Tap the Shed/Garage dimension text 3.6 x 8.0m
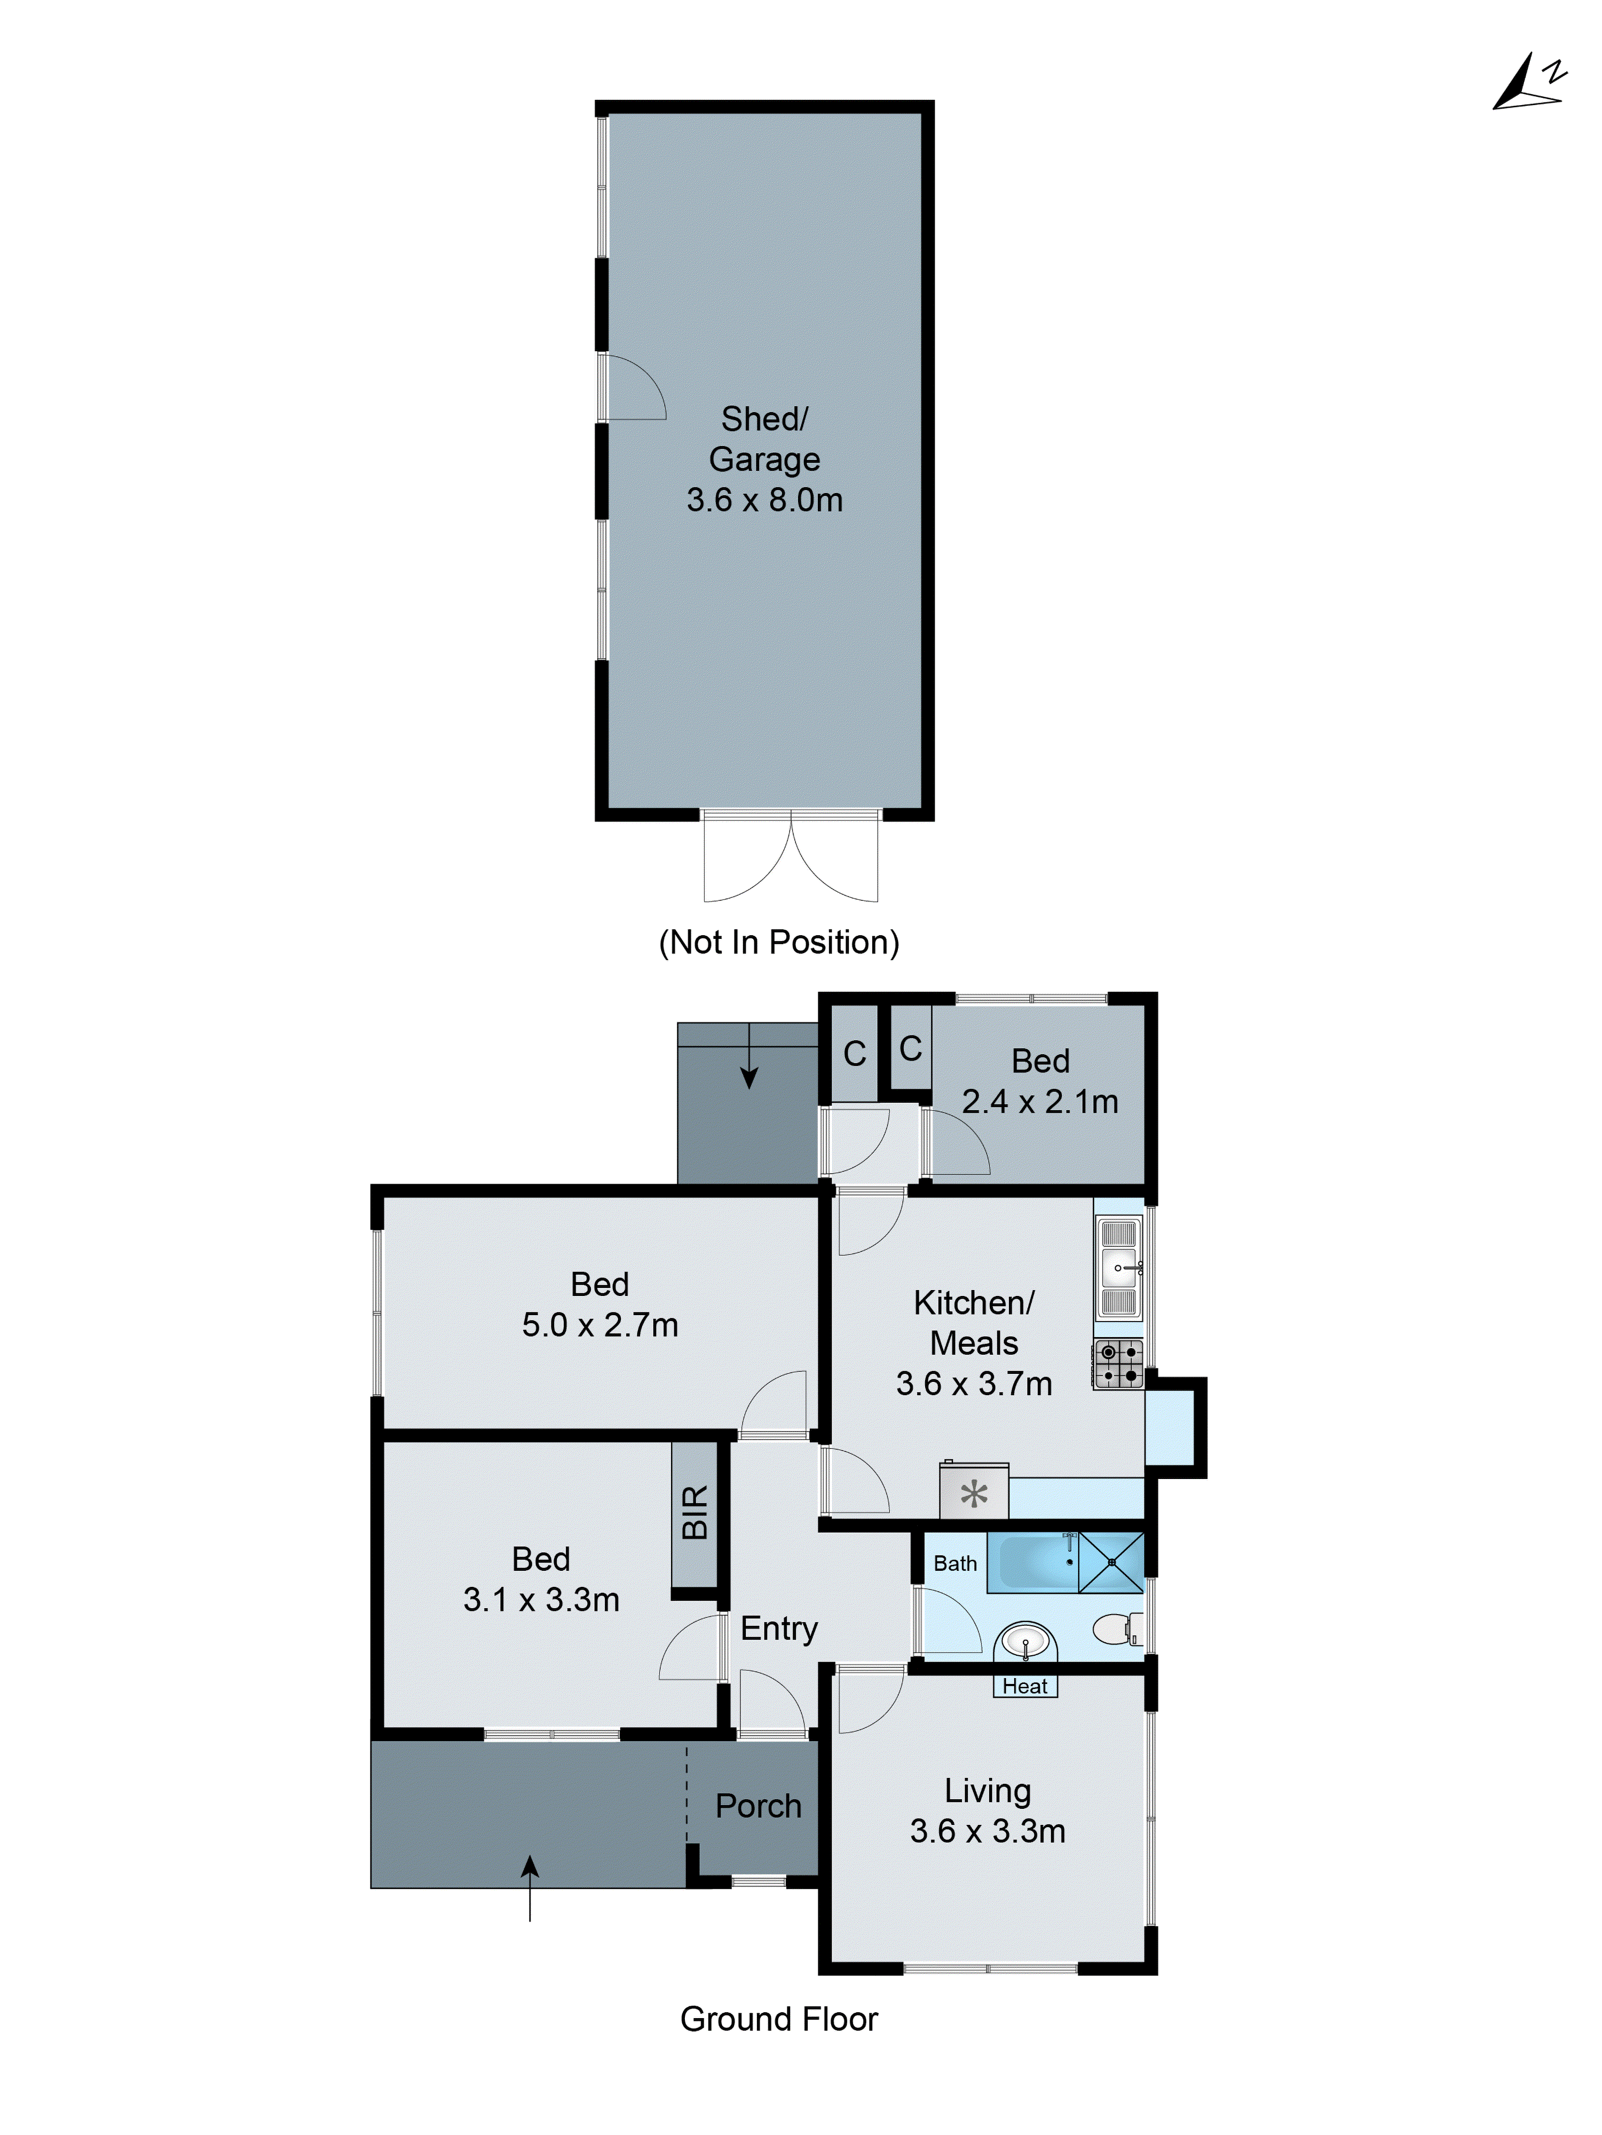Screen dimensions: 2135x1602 764,500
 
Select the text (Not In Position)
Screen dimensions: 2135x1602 779,942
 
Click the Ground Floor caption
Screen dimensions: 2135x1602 779,2019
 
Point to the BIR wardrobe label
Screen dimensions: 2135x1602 695,1513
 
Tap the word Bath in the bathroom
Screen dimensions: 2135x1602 954,1563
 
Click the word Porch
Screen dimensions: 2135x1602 759,1806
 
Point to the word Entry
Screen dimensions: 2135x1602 779,1629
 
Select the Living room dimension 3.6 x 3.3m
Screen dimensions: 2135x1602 987,1831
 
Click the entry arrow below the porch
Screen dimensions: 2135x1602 530,1887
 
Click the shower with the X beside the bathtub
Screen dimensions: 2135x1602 1111,1562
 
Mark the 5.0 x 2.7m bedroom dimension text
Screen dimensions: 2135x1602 599,1325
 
